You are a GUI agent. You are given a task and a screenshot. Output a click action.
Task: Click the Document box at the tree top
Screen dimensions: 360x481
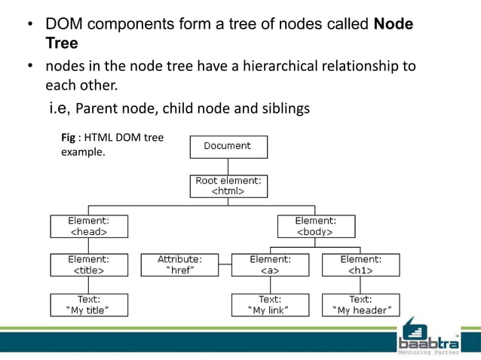227,146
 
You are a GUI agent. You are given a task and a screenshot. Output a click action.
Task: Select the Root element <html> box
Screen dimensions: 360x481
227,186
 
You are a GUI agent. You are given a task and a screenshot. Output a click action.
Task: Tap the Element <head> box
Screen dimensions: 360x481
88,226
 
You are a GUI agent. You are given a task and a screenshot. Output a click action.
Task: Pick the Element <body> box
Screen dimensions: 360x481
315,226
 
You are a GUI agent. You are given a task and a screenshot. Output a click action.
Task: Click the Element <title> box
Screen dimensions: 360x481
88,265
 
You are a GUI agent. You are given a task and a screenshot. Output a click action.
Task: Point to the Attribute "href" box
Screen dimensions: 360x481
180,265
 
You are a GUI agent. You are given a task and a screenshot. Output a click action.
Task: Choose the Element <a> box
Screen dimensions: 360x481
270,265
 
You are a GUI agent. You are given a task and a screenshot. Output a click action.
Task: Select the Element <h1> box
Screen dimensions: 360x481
360,265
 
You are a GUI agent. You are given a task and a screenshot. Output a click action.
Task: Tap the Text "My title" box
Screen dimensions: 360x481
88,304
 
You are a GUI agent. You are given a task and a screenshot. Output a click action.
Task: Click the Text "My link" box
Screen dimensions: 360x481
270,304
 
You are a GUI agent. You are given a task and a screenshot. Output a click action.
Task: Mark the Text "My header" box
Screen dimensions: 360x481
360,304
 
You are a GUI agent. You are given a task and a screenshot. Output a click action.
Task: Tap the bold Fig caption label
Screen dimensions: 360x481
68,138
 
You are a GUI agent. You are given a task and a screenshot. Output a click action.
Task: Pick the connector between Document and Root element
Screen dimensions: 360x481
227,166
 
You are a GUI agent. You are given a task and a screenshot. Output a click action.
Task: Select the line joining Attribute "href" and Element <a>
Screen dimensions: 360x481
225,265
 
